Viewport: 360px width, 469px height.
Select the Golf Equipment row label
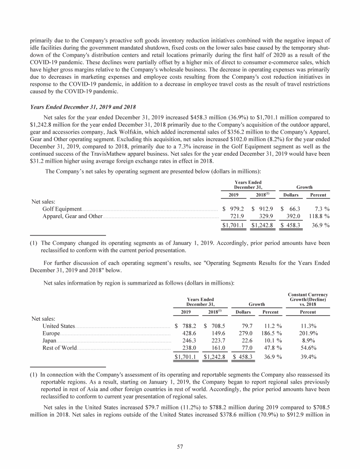[62, 208]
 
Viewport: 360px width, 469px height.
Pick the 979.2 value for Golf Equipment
[236, 208]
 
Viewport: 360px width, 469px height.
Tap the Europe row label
[51, 334]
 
